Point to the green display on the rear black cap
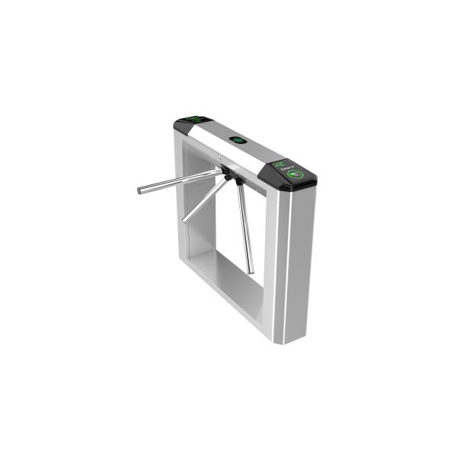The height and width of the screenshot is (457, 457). click(193, 120)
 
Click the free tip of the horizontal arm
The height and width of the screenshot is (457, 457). click(140, 190)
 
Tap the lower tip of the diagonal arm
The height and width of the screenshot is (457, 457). click(185, 219)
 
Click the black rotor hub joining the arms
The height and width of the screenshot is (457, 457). click(228, 177)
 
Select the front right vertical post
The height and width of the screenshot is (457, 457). click(292, 259)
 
